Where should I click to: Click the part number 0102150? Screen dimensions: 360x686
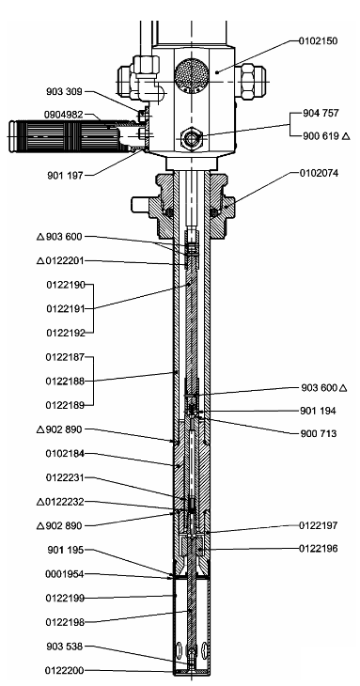tap(318, 41)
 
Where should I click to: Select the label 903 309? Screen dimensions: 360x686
tap(64, 91)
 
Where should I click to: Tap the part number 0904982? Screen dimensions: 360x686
tap(63, 115)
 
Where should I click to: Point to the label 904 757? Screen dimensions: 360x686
tap(321, 113)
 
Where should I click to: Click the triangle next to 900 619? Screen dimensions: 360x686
tap(346, 136)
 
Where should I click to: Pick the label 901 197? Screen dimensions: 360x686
tap(65, 176)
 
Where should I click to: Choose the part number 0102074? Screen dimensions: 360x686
tap(319, 173)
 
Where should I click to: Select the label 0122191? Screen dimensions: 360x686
tap(66, 309)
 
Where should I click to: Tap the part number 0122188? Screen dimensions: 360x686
tap(65, 382)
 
